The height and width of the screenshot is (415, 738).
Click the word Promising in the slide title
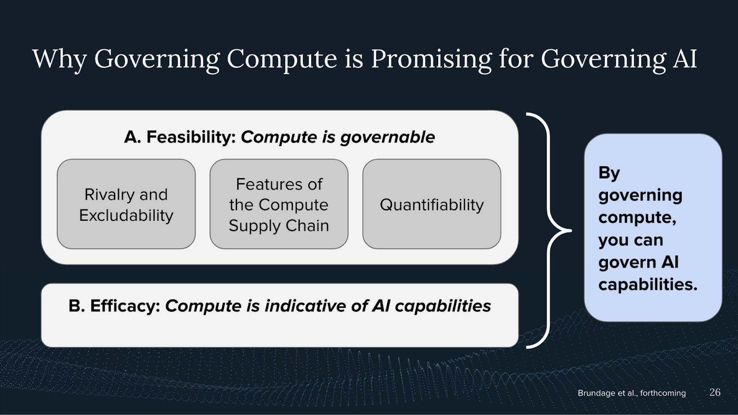(431, 60)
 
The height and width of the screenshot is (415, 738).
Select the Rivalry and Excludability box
(126, 204)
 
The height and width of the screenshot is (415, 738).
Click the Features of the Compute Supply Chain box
(279, 204)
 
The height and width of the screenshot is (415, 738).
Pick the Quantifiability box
(432, 204)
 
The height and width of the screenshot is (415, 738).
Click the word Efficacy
(125, 306)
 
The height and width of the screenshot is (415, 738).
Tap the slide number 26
(715, 392)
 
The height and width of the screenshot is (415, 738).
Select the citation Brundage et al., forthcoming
(631, 393)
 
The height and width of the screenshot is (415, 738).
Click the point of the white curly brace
(571, 231)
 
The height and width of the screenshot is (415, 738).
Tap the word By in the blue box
(609, 173)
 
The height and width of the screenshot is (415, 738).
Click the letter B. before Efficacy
(77, 306)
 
